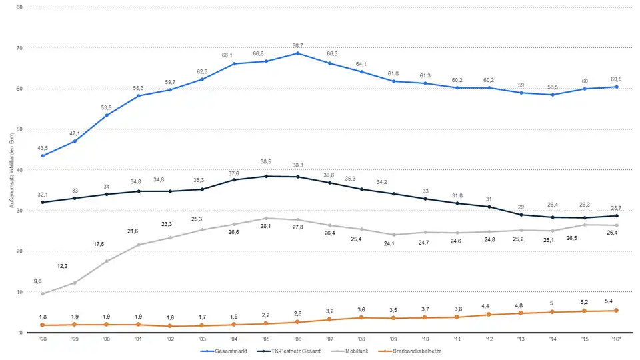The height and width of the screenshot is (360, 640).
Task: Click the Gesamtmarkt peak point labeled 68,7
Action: tap(297, 53)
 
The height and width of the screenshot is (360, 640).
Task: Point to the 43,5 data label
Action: tap(42, 147)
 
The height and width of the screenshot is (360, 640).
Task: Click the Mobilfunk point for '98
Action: tap(43, 293)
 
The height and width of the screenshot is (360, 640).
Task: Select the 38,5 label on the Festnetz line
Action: tap(265, 162)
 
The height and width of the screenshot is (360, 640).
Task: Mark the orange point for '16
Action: tap(617, 311)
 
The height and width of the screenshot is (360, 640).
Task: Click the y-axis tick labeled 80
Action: tap(20, 7)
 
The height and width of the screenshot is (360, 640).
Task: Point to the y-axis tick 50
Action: tap(20, 129)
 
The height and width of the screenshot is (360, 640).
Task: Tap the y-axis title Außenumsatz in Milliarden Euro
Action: tap(11, 170)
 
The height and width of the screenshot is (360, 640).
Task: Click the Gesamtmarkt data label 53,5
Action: tap(106, 107)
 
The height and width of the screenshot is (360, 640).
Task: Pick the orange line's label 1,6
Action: tap(170, 317)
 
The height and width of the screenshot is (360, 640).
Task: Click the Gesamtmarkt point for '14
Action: tap(553, 95)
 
